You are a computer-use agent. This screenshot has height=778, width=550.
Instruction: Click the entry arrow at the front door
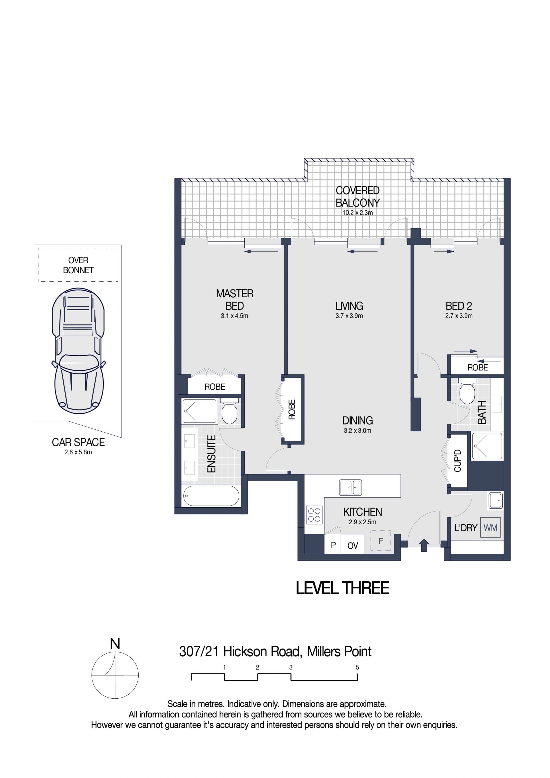click(x=424, y=545)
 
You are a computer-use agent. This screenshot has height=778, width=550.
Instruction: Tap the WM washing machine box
click(x=490, y=528)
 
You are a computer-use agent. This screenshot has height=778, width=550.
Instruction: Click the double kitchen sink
click(x=350, y=488)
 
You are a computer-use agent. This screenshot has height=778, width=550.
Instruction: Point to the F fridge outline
click(x=381, y=541)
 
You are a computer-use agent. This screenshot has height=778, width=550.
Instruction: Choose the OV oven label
click(x=352, y=546)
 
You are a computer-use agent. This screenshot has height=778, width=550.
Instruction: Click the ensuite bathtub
click(x=211, y=496)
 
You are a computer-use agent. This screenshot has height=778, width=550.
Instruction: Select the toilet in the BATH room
click(x=467, y=393)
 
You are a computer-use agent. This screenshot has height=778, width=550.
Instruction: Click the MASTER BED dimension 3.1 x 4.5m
click(x=235, y=316)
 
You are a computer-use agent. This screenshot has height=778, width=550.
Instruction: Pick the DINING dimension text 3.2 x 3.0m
click(x=357, y=431)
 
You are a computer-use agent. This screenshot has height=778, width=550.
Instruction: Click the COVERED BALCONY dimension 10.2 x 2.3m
click(x=357, y=213)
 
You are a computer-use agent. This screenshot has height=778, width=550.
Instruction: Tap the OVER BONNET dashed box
click(x=78, y=265)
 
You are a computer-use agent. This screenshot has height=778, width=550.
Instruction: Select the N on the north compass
click(x=115, y=643)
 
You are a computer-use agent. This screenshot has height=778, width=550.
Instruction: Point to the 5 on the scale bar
click(x=357, y=667)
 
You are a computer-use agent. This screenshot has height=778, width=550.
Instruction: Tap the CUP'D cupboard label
click(x=457, y=461)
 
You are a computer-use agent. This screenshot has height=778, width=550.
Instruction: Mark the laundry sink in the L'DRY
click(x=495, y=500)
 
